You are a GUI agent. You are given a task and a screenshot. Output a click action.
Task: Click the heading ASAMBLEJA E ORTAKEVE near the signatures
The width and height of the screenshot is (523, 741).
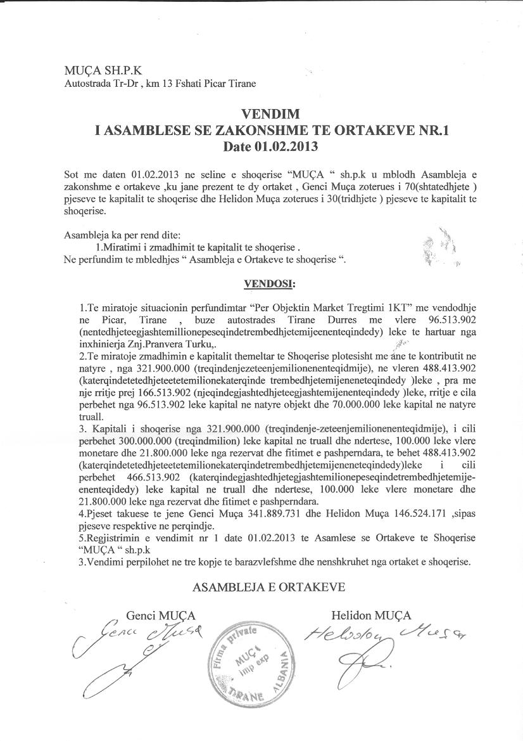click(x=269, y=586)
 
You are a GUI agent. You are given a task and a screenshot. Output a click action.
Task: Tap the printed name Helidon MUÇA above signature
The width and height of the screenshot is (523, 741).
click(x=371, y=615)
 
